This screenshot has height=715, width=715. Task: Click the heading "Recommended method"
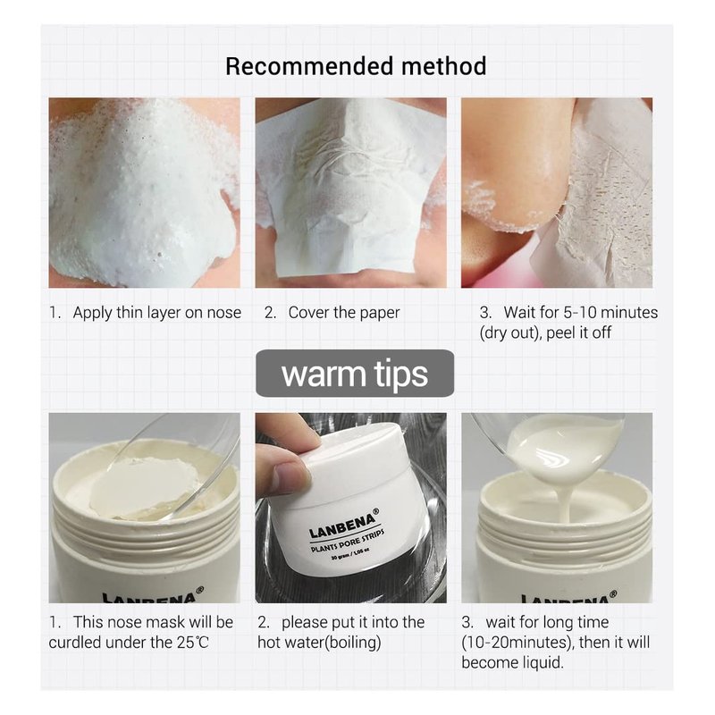point(356,66)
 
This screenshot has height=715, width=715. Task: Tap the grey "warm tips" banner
point(355,374)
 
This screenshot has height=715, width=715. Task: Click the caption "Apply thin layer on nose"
point(157,313)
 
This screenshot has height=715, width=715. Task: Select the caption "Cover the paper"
point(344,313)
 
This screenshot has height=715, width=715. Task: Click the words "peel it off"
point(578,332)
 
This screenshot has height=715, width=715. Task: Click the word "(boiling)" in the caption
point(352,643)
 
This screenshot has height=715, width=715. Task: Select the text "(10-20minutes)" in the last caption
point(517,643)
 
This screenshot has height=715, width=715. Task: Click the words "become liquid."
point(512,662)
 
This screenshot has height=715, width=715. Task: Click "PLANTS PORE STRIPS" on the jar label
point(348,541)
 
